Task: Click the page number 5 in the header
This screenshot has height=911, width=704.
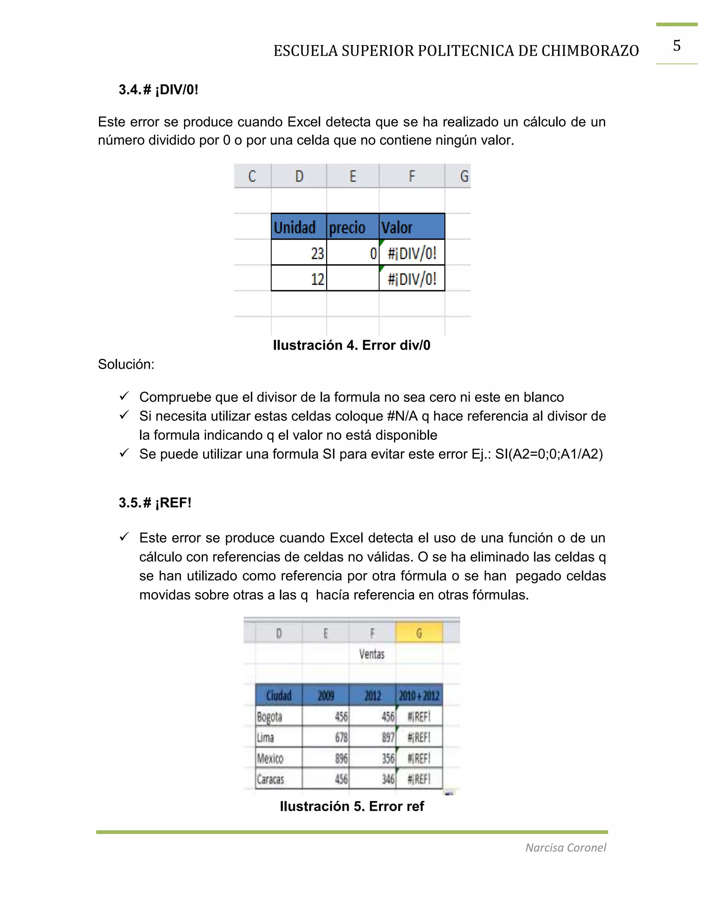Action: (x=676, y=45)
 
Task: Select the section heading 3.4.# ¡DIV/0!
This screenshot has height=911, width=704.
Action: (x=158, y=90)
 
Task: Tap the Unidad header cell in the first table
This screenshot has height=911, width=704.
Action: (x=295, y=228)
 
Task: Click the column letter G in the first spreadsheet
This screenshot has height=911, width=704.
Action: (x=464, y=176)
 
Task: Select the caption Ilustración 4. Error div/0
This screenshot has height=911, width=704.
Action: (x=351, y=345)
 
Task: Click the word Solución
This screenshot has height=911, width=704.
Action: (x=126, y=364)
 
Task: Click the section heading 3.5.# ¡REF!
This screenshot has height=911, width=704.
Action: (x=155, y=503)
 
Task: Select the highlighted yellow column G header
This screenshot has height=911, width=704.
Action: (x=419, y=633)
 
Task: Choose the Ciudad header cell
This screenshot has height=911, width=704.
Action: (x=278, y=695)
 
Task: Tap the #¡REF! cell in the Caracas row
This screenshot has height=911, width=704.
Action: (x=419, y=779)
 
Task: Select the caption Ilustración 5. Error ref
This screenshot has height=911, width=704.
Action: (x=351, y=806)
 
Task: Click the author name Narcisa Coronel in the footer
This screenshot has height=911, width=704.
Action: (x=565, y=848)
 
